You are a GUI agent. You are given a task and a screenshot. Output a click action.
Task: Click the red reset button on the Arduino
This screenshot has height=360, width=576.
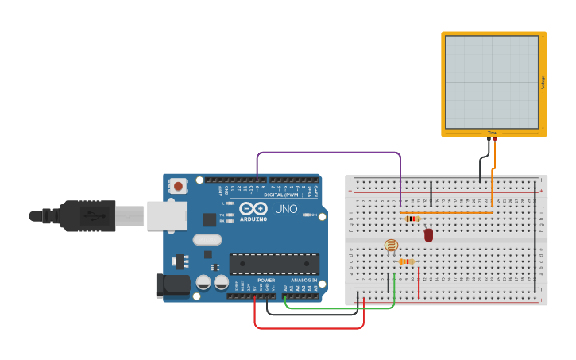click(x=179, y=187)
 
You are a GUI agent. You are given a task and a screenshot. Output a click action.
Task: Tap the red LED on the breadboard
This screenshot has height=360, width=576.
click(x=429, y=234)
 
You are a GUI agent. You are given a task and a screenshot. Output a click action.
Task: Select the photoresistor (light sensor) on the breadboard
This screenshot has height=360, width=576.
click(x=390, y=246)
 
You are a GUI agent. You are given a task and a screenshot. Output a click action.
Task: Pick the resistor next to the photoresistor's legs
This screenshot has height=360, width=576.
click(x=406, y=261)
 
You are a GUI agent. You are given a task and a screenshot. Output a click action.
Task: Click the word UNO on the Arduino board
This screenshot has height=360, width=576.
click(x=286, y=208)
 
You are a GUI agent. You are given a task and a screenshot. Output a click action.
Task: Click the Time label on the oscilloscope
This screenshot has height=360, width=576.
click(x=492, y=133)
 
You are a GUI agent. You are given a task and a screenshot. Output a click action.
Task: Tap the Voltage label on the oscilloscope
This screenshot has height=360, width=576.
click(x=543, y=81)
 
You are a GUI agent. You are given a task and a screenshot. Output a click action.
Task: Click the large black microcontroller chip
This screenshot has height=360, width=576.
click(x=274, y=264)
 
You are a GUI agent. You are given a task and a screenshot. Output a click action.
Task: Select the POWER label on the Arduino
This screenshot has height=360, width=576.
click(x=266, y=281)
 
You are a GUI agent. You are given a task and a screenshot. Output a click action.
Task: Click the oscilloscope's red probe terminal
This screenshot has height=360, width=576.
click(x=495, y=140)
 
